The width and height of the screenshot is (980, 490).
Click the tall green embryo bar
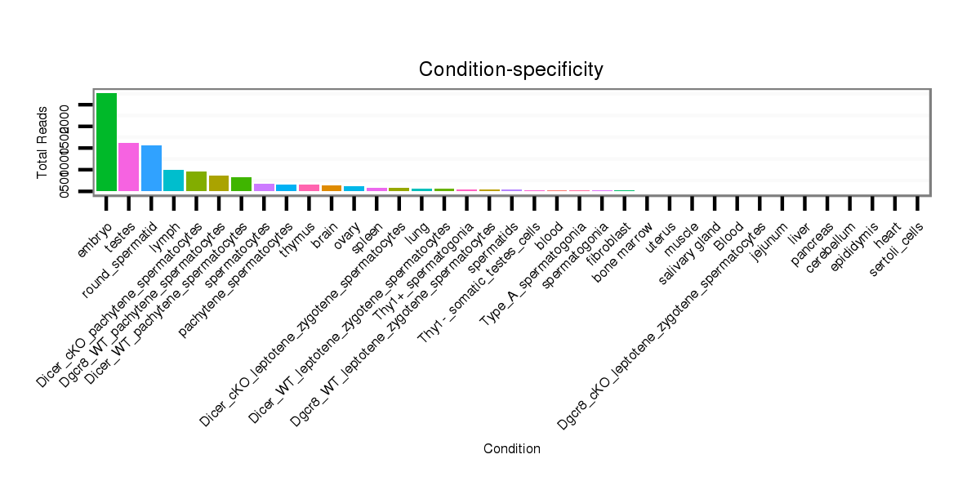[x=106, y=142]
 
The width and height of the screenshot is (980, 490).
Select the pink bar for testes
[x=129, y=167]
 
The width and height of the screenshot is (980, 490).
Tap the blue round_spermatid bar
[x=151, y=168]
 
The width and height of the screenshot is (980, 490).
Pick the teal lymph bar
[x=174, y=180]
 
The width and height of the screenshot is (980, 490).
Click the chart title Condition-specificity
[x=511, y=69]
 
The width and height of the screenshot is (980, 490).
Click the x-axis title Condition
[x=511, y=448]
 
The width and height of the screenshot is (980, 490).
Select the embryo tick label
[x=95, y=223]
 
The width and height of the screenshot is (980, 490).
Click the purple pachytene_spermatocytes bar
[x=264, y=187]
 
